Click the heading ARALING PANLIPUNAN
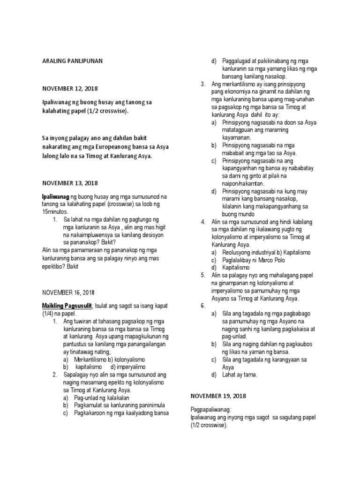click(72, 60)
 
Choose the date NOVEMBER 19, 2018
click(218, 396)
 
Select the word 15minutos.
click(55, 211)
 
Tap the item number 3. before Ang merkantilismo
click(203, 84)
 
